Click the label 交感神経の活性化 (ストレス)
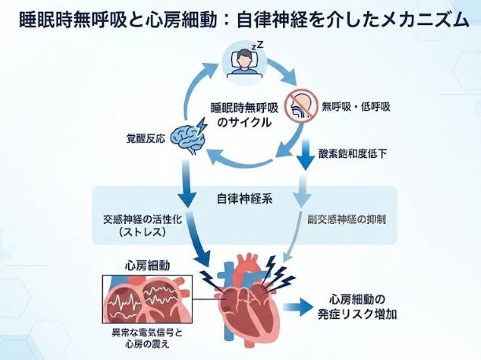pyautogui.click(x=140, y=227)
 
